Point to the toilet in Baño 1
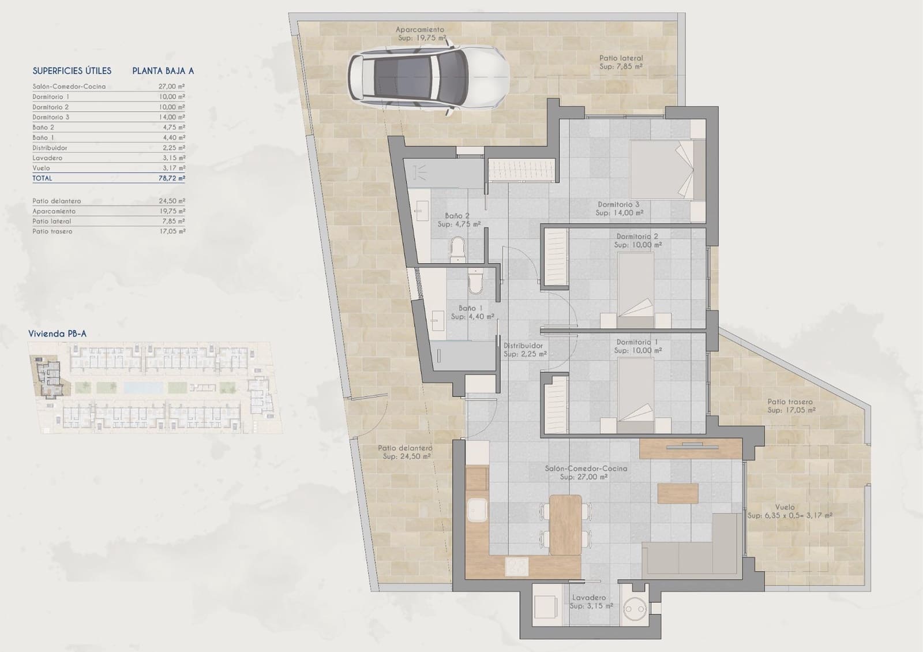pos(476,281)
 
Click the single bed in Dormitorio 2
pos(636,287)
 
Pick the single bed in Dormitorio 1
pos(636,391)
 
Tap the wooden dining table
pos(565,524)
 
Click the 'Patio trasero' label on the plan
pos(790,402)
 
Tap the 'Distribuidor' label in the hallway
pos(523,346)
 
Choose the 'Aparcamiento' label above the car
pos(419,29)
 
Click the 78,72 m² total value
pos(173,178)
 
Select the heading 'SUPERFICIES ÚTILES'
pos(72,71)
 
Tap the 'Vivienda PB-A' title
pos(58,334)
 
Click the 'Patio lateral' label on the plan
pos(621,58)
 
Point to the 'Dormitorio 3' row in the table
pos(51,117)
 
